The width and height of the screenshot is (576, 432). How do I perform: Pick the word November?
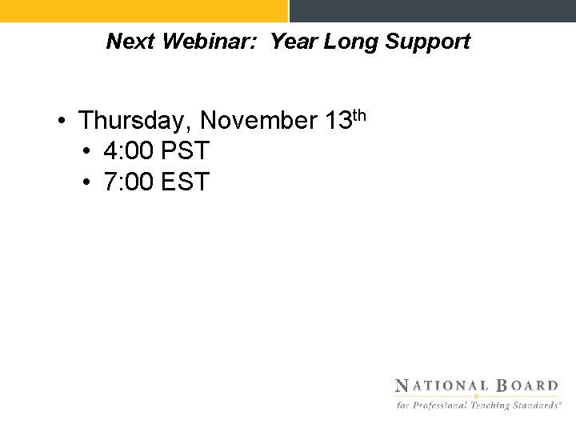[260, 121]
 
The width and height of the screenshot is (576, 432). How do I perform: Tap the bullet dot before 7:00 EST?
[88, 182]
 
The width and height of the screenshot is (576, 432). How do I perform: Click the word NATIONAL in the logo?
[441, 386]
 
